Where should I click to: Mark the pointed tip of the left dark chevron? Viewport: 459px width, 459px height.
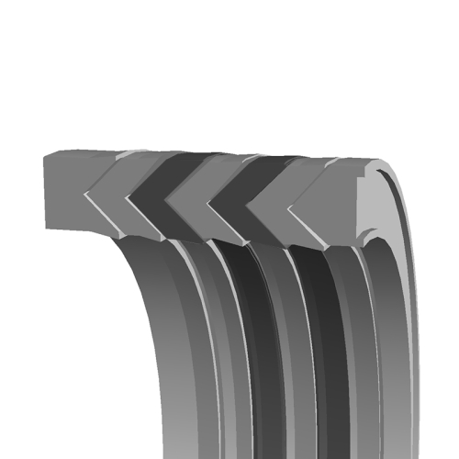[132, 195]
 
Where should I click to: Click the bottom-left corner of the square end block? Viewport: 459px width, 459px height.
[46, 227]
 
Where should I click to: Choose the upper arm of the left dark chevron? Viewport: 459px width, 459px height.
[170, 174]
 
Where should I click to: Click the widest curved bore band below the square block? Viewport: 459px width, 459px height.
[174, 349]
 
